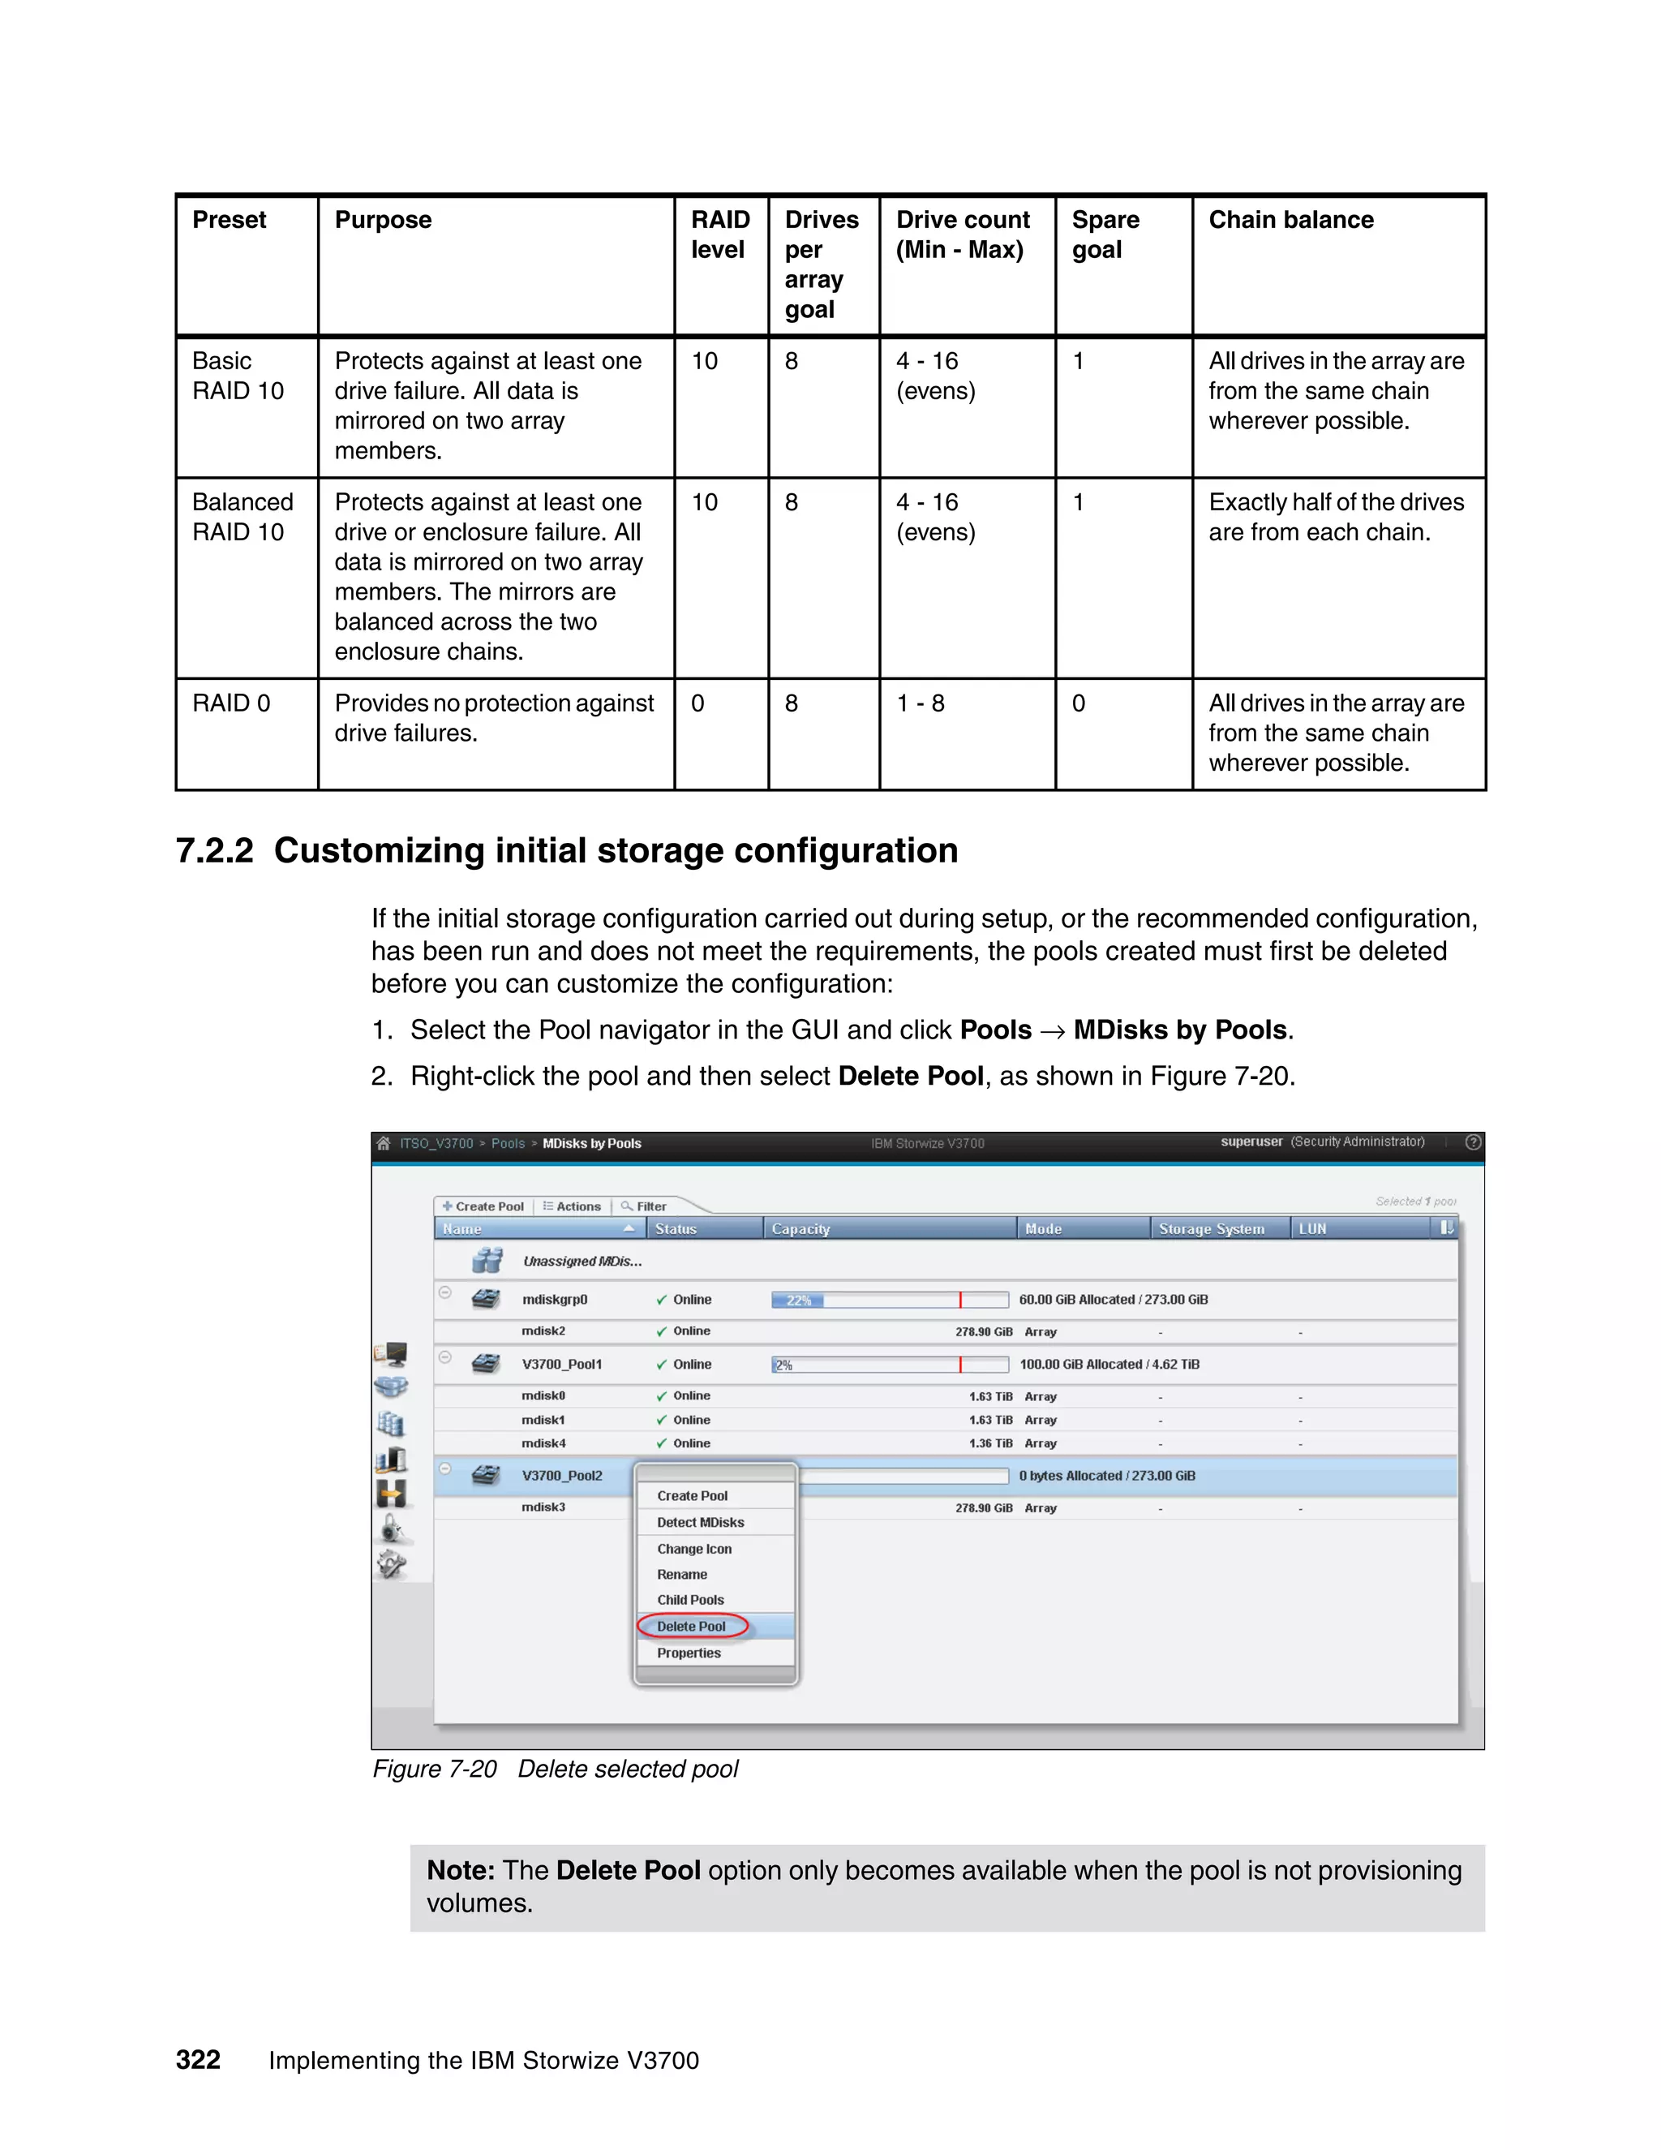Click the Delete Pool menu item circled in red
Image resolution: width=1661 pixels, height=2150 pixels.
click(691, 1626)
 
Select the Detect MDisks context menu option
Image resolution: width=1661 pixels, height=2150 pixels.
click(700, 1522)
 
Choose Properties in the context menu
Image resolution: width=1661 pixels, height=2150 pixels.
click(689, 1653)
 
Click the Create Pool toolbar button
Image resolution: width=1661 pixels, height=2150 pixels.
click(483, 1206)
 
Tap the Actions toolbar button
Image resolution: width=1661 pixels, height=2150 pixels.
click(572, 1206)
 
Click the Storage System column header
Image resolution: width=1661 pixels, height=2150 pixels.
click(1212, 1228)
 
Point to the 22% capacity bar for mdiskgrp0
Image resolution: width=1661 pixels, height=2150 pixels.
click(798, 1301)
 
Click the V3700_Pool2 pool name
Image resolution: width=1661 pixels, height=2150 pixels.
click(562, 1476)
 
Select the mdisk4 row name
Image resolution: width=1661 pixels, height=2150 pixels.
click(543, 1443)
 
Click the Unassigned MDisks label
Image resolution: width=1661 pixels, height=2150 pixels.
click(582, 1261)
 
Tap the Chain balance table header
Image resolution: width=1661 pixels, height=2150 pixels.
click(1291, 220)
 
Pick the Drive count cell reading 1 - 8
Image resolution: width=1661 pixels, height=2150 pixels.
click(920, 703)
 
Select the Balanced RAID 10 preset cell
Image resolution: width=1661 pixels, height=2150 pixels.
click(242, 517)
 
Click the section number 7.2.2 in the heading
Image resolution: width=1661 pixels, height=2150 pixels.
click(214, 850)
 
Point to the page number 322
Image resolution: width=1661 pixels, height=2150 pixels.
click(198, 2061)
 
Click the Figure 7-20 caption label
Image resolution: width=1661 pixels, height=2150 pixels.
click(434, 1769)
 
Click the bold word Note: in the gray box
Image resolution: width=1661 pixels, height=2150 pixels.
click(460, 1870)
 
